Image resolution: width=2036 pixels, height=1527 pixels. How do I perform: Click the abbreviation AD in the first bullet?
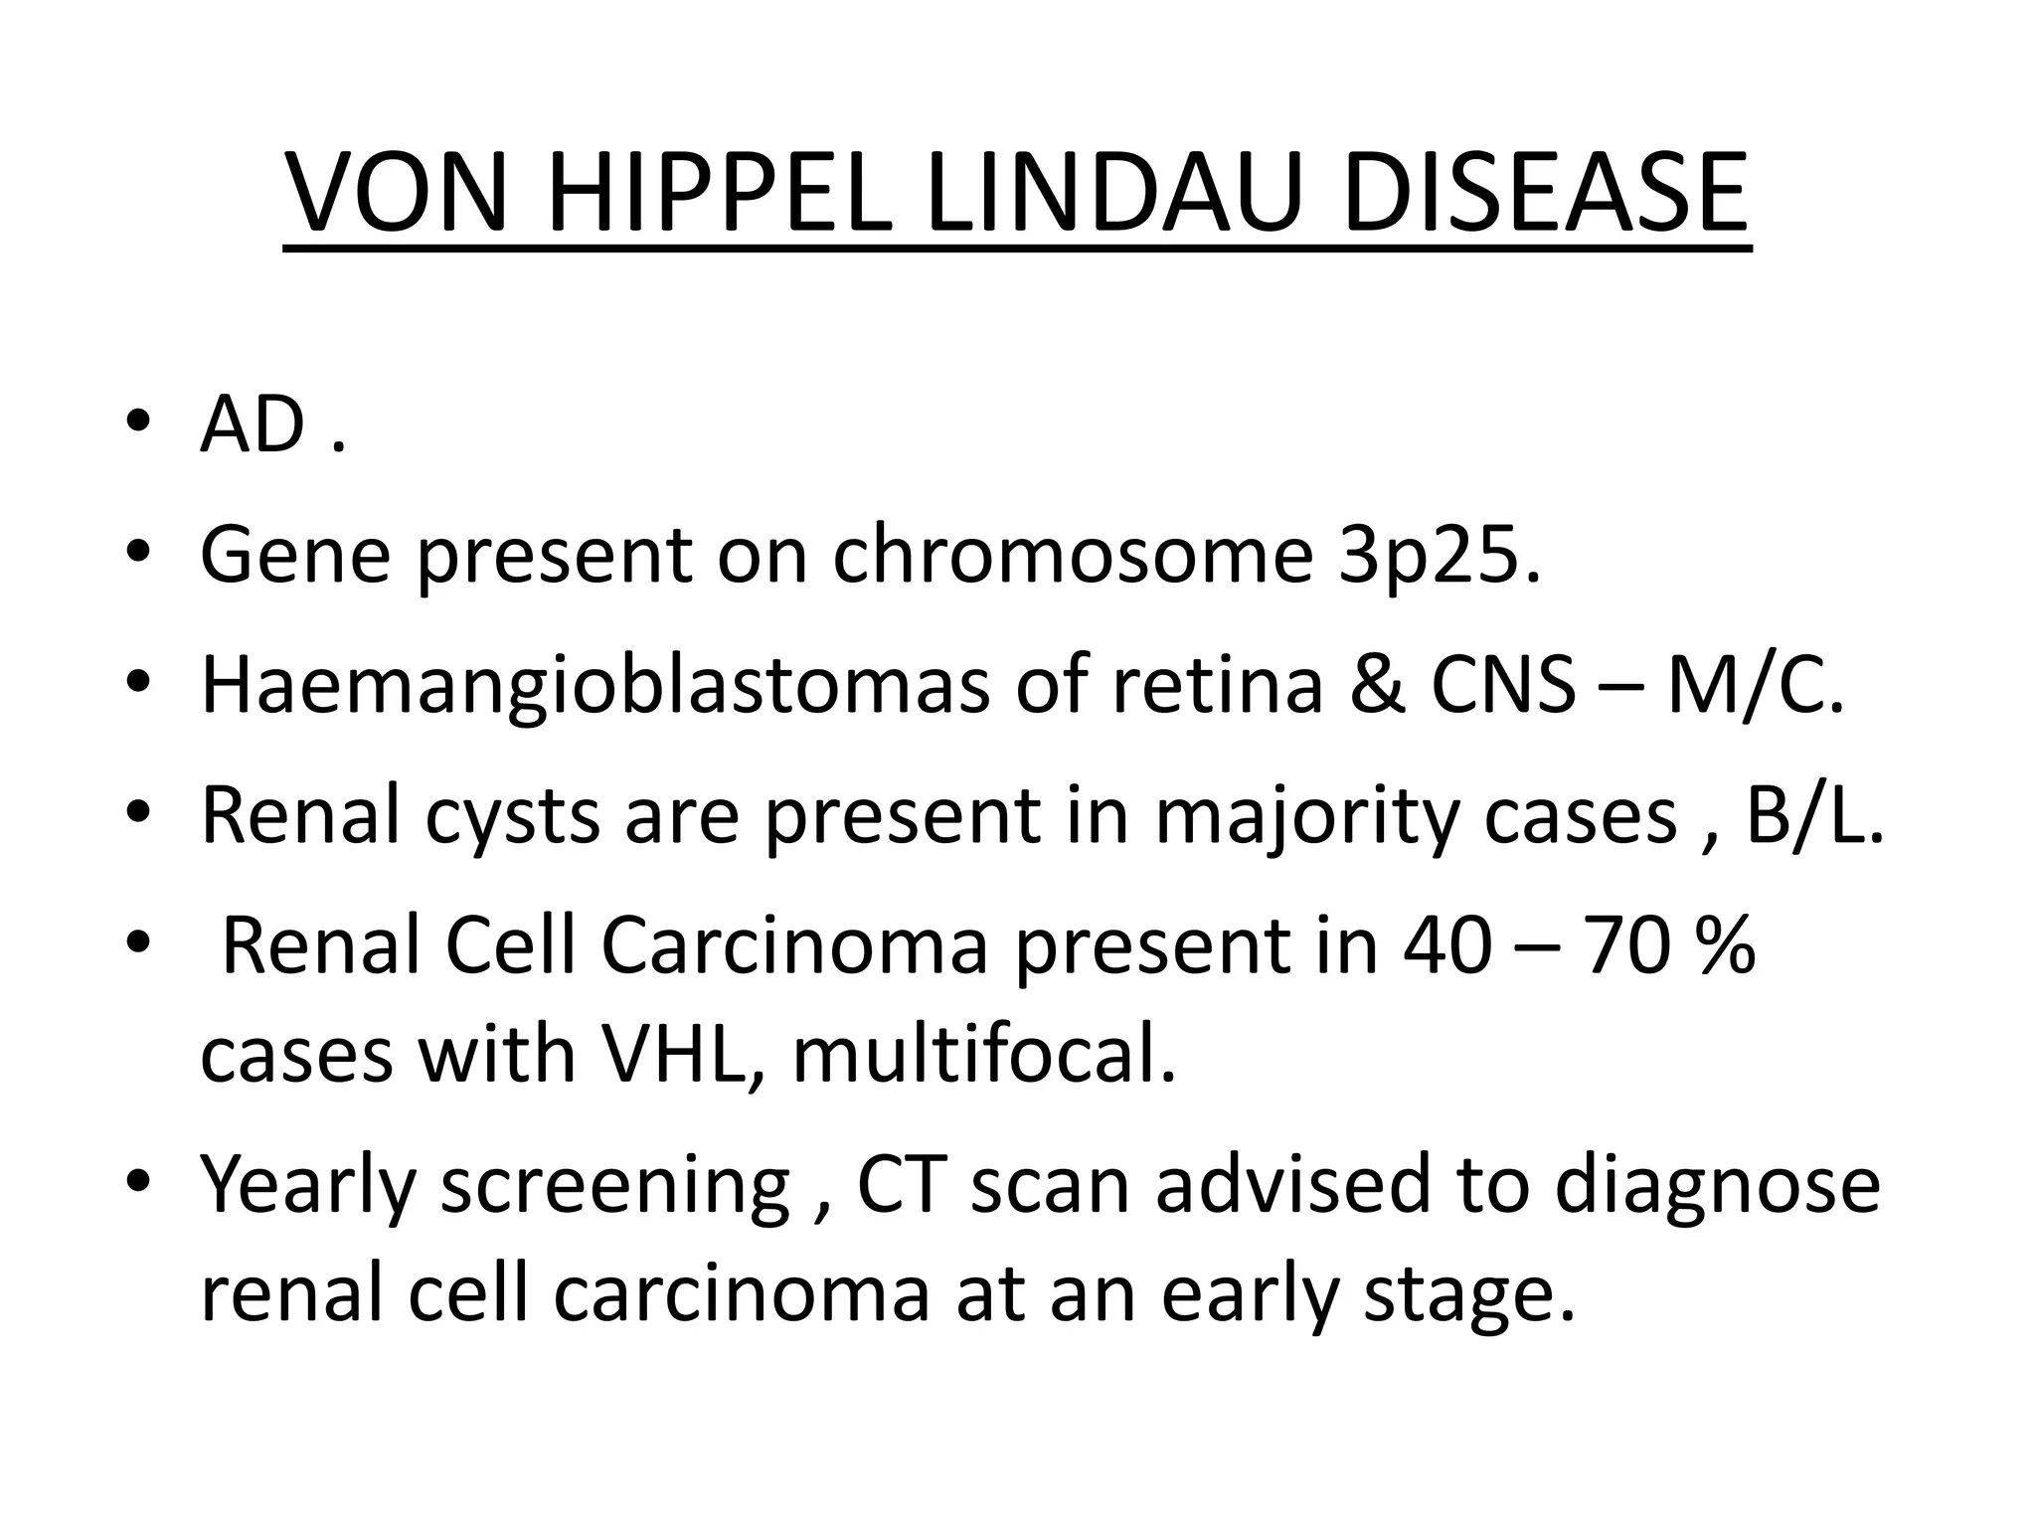tap(253, 425)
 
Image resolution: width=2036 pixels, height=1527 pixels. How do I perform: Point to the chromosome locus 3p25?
tap(1439, 557)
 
